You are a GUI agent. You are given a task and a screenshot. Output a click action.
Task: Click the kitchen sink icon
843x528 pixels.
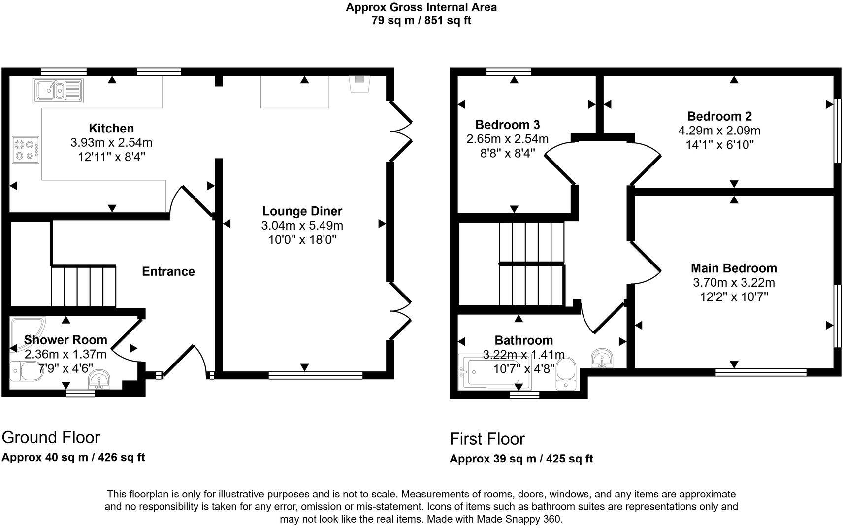(x=58, y=91)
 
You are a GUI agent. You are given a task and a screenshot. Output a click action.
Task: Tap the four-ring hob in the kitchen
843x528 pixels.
(x=26, y=150)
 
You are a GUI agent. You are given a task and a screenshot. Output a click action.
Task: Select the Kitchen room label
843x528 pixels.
(x=111, y=128)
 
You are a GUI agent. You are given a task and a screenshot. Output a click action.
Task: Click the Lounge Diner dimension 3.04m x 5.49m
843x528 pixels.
(x=302, y=226)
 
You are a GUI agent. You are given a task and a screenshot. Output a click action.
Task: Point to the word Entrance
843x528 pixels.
(x=168, y=271)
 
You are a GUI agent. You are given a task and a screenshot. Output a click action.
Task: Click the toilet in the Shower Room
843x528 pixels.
(x=22, y=370)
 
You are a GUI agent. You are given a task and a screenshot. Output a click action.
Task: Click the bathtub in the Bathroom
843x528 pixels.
(x=485, y=372)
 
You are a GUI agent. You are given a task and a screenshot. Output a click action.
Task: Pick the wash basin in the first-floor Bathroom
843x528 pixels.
(x=601, y=358)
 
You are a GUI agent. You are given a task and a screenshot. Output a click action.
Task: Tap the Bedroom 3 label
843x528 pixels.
(x=508, y=124)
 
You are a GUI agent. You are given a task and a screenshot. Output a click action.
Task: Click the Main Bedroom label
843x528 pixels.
(x=734, y=268)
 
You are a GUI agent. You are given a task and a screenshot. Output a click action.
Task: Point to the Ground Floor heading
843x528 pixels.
(x=51, y=437)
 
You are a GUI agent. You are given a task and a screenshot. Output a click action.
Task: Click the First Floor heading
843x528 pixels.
(x=487, y=439)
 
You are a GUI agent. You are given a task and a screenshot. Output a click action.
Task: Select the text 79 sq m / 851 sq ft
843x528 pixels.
(x=421, y=21)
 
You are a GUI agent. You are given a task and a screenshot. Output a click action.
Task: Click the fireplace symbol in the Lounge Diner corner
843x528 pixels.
(x=359, y=84)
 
